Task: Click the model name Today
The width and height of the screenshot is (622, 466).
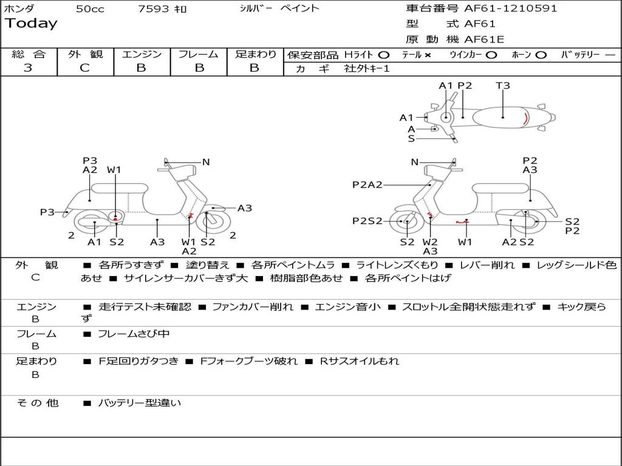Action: click(31, 24)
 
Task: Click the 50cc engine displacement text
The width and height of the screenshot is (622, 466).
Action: click(89, 8)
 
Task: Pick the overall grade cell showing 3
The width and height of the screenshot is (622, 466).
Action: click(28, 68)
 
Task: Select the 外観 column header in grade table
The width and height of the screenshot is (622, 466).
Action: click(85, 54)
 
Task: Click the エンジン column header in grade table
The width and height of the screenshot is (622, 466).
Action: click(142, 54)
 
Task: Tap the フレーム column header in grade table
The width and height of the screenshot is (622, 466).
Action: click(198, 54)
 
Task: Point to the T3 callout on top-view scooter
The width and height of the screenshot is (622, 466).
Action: click(503, 86)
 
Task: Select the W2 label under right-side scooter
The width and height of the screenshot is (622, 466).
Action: click(430, 241)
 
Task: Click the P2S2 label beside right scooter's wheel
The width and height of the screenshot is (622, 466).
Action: click(367, 221)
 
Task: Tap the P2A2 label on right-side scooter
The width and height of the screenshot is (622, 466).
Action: click(367, 185)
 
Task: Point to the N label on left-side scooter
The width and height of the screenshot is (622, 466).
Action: click(206, 162)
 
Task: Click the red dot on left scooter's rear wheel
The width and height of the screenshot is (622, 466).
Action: click(115, 217)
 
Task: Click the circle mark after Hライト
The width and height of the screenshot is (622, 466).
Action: click(384, 55)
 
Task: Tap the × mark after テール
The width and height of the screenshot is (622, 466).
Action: click(428, 55)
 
